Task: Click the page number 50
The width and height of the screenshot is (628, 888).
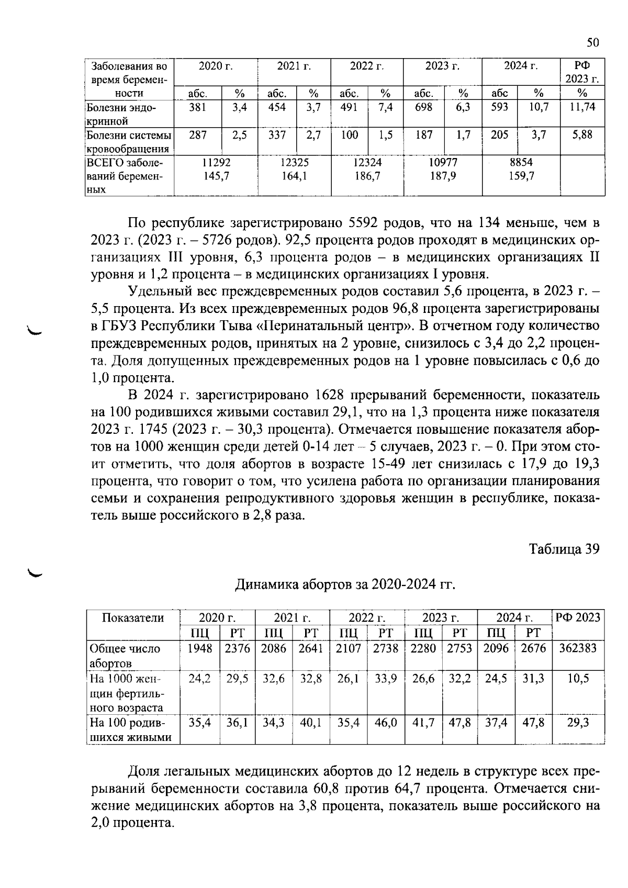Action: tap(592, 43)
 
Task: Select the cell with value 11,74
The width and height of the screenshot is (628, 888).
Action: tap(582, 107)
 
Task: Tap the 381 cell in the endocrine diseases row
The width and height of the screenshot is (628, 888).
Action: tap(197, 107)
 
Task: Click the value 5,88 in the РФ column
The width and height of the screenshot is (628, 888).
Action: tap(582, 135)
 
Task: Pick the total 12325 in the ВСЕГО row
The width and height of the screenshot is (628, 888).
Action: tap(295, 163)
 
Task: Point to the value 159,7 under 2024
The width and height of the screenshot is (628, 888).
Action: tap(521, 176)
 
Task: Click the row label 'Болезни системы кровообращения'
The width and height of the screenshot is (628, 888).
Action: tap(129, 141)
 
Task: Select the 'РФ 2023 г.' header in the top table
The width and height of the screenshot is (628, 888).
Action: tap(582, 72)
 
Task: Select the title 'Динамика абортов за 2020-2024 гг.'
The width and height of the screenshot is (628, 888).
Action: tap(345, 584)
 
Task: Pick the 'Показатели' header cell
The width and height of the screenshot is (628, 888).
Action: tap(132, 617)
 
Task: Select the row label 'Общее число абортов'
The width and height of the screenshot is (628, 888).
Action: tap(126, 656)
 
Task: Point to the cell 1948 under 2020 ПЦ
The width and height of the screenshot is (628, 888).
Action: tap(200, 648)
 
